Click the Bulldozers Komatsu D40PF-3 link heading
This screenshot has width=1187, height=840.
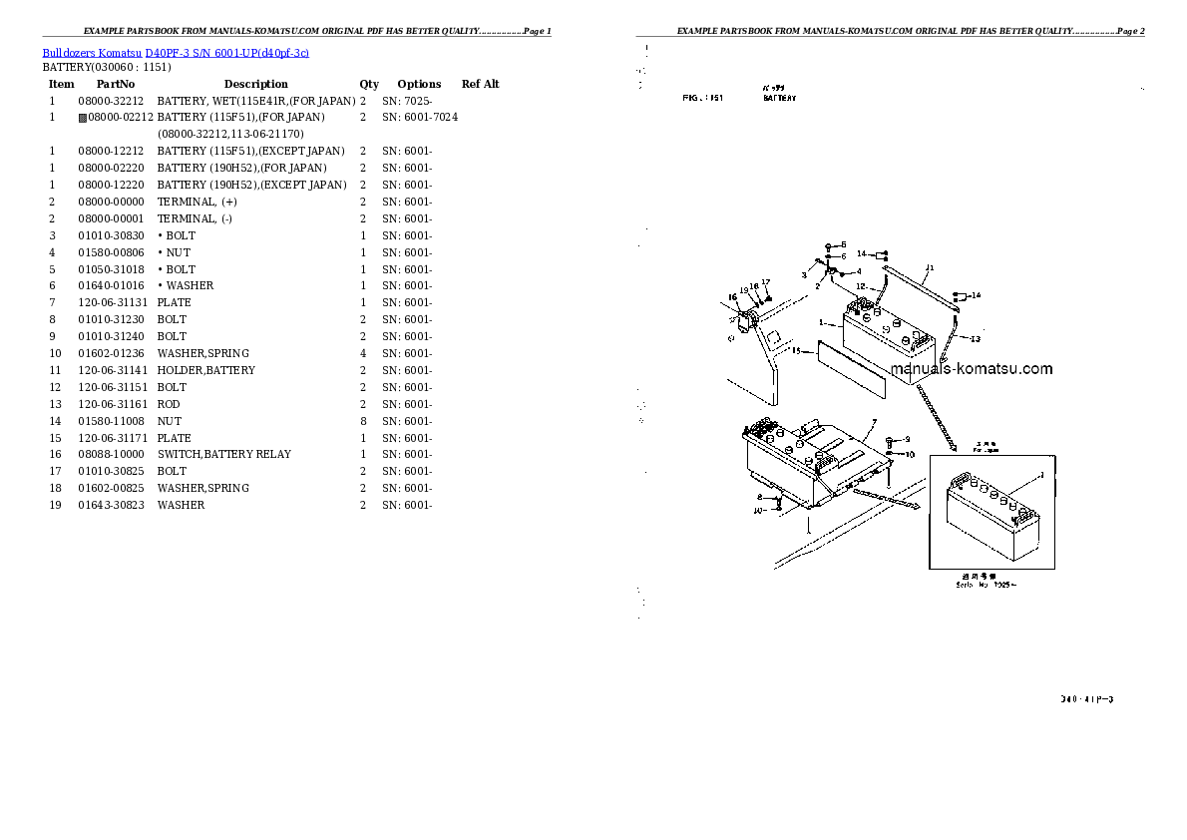point(176,52)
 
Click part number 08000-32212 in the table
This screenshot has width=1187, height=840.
point(111,101)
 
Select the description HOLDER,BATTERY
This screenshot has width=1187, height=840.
point(205,370)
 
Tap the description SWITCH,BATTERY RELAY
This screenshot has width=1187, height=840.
point(223,454)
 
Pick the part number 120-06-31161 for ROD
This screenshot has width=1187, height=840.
point(111,404)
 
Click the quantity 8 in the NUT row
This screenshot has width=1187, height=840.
point(362,421)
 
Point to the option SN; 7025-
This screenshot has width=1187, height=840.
point(406,101)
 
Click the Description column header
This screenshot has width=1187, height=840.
point(255,84)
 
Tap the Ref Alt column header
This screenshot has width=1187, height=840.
point(480,84)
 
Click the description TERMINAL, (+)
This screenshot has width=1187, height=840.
point(197,202)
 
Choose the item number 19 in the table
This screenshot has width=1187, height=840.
point(55,505)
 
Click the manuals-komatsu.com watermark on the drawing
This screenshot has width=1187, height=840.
point(971,369)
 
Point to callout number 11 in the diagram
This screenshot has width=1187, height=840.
point(929,267)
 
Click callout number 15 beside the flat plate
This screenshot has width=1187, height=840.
point(796,350)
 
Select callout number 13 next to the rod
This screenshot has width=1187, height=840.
point(975,338)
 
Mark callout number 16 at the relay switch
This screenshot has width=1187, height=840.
point(732,296)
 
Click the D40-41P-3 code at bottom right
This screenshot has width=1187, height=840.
point(1086,699)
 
